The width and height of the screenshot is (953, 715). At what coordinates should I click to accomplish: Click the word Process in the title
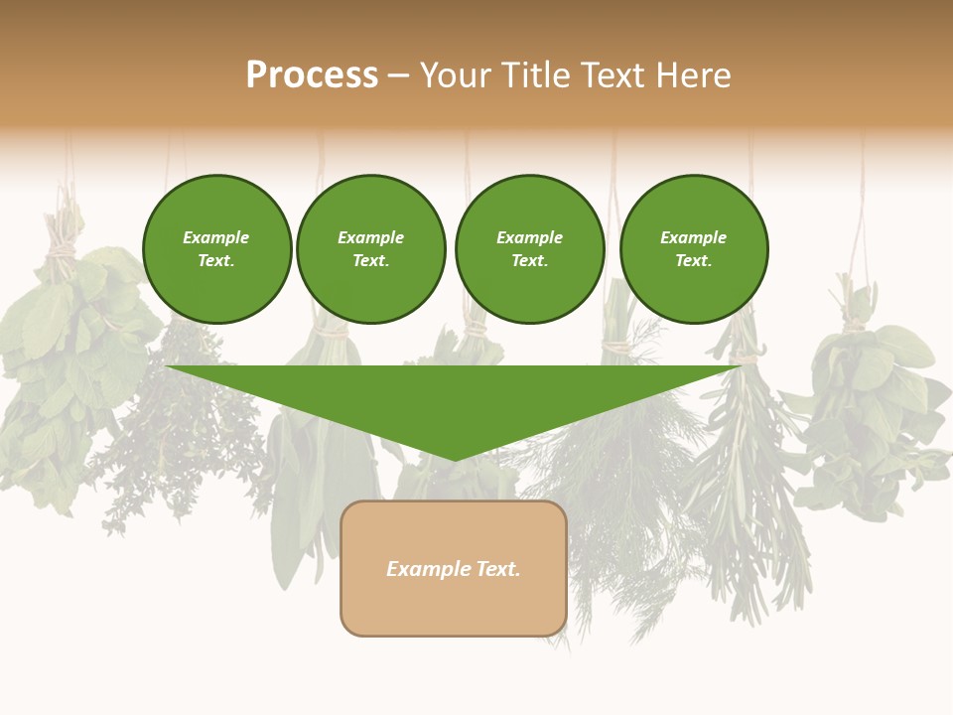pos(312,75)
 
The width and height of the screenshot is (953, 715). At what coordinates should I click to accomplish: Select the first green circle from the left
pos(216,249)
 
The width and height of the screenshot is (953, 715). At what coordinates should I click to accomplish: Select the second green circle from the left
pos(371,249)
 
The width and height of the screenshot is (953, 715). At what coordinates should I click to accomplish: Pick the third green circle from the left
pos(529,249)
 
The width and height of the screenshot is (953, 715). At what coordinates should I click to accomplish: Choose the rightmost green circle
pos(694,249)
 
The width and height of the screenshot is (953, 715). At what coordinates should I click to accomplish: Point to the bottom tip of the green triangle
pos(455,459)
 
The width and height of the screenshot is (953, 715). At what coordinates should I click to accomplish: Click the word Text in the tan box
pos(497,569)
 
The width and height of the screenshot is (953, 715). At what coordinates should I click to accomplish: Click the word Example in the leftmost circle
pos(216,237)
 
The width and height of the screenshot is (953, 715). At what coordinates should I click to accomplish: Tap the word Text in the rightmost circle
pos(693,261)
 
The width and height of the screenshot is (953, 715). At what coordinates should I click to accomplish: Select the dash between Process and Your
pos(398,75)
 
